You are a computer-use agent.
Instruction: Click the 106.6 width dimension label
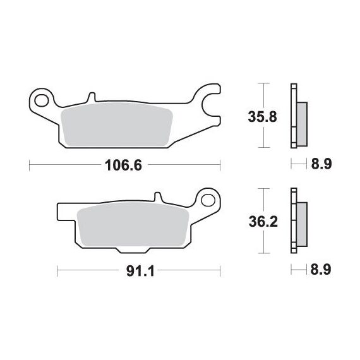(123, 165)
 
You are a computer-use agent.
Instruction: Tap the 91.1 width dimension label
(140, 272)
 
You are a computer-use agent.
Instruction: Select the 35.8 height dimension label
(263, 117)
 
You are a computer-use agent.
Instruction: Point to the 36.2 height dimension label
(263, 222)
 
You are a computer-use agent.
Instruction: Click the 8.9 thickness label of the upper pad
(321, 164)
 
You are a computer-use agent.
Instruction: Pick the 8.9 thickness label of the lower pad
(321, 270)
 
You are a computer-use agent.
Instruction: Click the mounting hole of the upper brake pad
(41, 100)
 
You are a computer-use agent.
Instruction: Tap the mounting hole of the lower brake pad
(208, 200)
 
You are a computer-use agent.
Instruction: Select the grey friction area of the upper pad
(117, 124)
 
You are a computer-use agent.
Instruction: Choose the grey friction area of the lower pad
(133, 224)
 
